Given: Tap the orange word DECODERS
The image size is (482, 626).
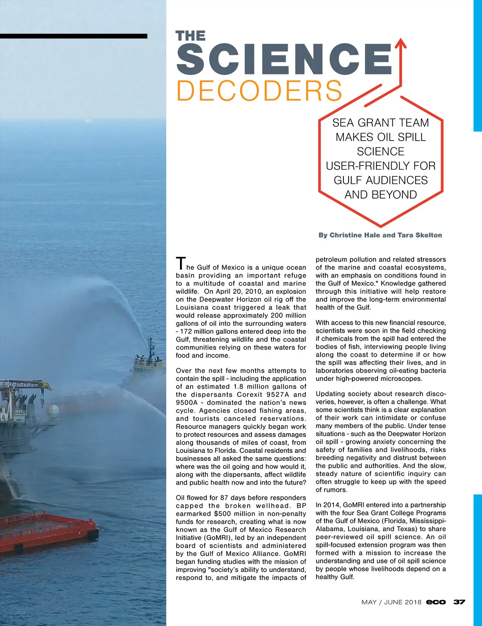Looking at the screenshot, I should pos(259,91).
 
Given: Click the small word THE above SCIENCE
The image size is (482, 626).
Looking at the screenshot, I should pos(190,36).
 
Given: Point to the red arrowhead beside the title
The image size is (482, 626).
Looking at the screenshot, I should pos(400,43).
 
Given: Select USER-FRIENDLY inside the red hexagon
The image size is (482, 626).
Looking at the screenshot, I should pos(380,166).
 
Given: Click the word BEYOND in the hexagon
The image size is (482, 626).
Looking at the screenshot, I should pos(396,195).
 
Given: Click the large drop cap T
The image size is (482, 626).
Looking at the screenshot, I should pos(181,263).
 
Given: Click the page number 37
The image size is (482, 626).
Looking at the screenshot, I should pos(459,602).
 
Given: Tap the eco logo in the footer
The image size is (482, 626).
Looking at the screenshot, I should pos(436,602).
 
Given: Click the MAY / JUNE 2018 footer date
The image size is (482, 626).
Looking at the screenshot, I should pos(391,602).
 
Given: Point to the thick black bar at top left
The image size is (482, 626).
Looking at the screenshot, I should pos(74,36).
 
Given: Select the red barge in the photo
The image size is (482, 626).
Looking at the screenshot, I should pos(48,531).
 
